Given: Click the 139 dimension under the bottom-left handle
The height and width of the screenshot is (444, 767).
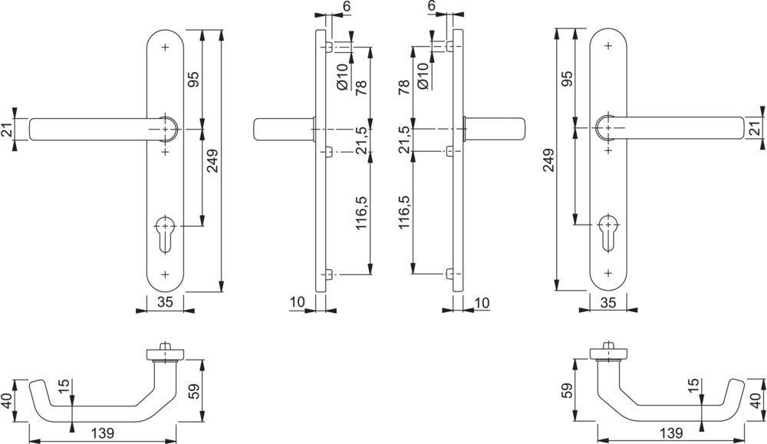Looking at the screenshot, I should pos(104,433).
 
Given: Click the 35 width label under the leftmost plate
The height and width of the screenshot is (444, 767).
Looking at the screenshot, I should pos(165,302).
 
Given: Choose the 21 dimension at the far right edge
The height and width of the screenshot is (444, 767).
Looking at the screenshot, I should pos(759,130).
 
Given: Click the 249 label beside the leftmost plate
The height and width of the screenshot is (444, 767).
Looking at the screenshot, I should pos(212,161).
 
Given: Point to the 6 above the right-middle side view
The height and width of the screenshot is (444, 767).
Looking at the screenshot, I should pos(432,6).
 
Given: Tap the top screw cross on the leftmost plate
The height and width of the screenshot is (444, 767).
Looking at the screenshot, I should pos(166,47).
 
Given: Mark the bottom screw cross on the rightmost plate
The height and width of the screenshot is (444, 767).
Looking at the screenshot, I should pos(608,273).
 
